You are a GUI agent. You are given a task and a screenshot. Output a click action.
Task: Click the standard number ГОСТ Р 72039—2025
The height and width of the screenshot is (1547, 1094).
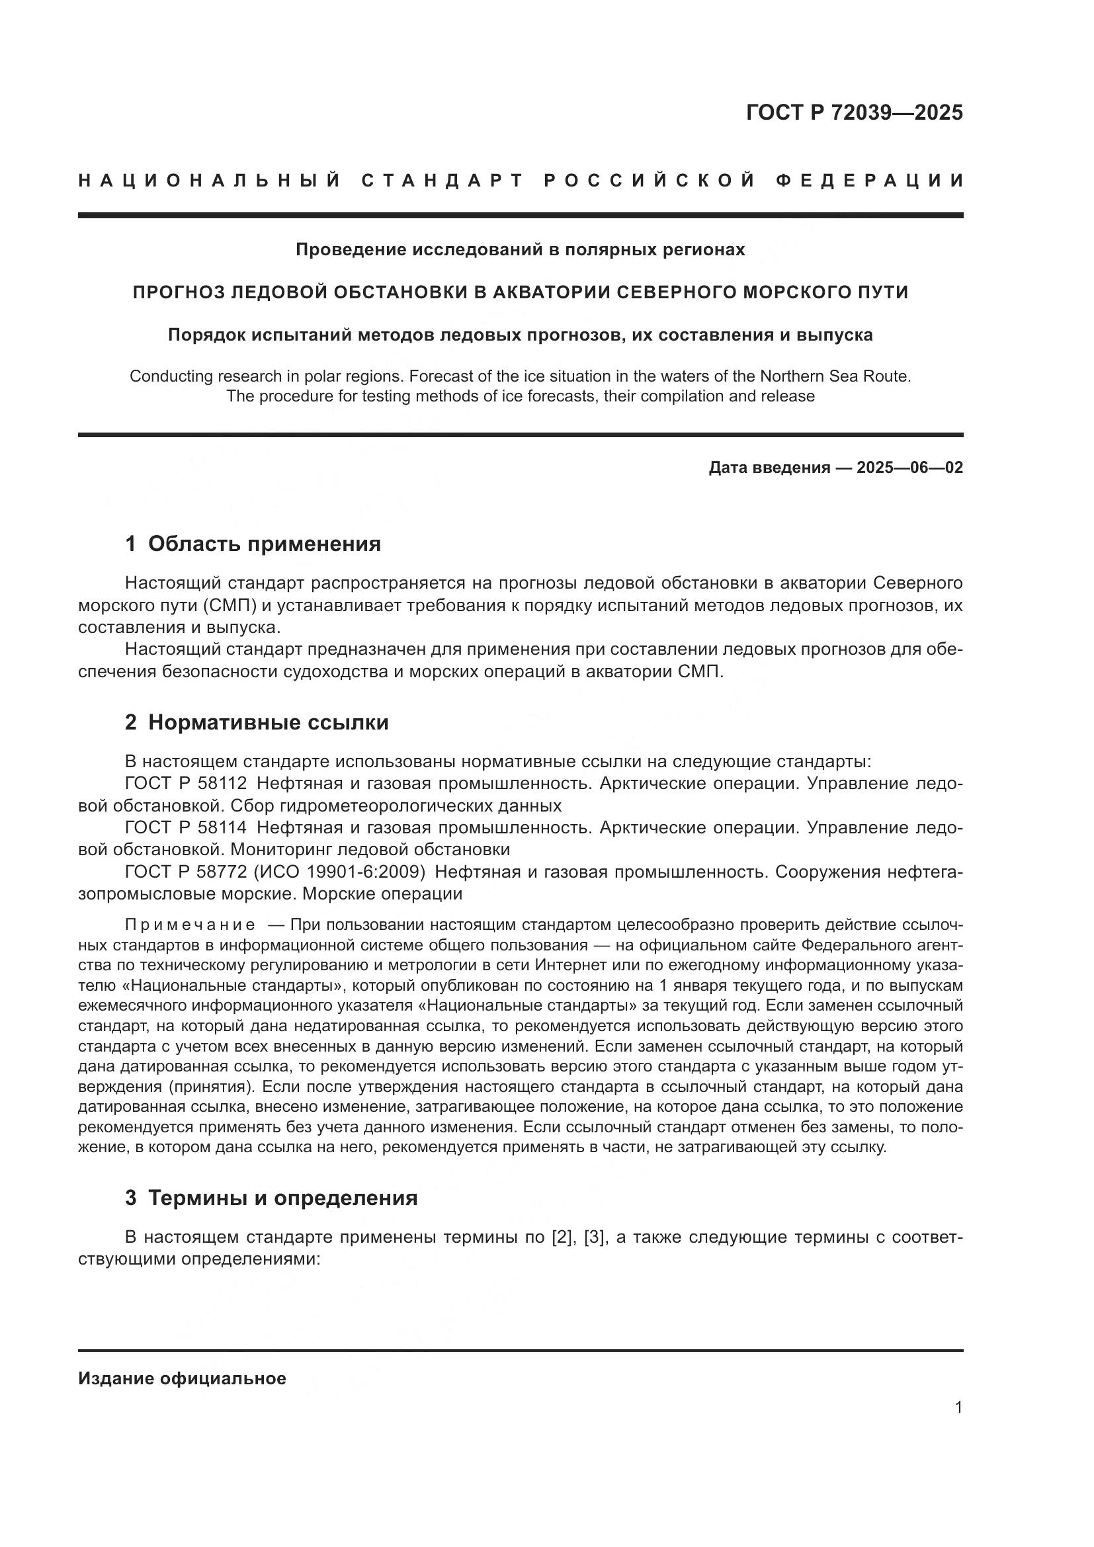coord(854,112)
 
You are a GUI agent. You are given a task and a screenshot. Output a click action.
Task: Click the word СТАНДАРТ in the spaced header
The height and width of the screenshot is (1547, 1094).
coord(442,181)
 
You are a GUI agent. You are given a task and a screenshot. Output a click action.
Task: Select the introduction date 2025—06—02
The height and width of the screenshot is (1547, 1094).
coord(909,468)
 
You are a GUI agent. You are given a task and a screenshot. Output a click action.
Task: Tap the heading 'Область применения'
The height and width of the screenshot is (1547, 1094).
coord(264,544)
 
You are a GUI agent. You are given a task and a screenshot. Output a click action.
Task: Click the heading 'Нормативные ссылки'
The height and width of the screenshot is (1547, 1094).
coord(268,722)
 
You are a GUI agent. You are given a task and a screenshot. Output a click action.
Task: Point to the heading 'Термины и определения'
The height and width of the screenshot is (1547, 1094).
coord(283,1198)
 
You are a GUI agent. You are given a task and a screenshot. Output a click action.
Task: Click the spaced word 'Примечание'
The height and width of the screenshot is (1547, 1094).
coord(190,925)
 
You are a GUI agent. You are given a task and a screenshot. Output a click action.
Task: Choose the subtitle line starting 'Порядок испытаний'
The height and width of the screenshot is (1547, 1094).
coord(520,335)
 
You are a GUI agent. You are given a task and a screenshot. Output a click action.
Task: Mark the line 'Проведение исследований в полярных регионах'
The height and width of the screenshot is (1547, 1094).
coord(520,250)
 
